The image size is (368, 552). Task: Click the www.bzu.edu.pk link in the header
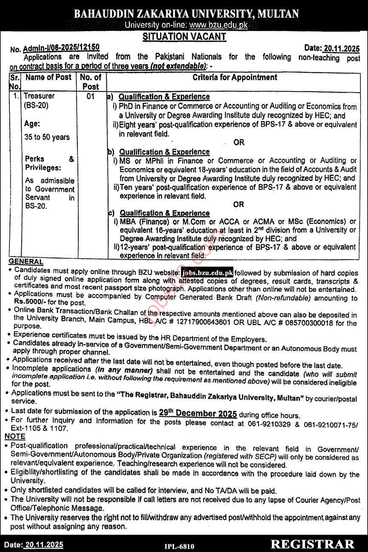[x=218, y=25]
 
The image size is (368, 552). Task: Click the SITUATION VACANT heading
[x=184, y=37]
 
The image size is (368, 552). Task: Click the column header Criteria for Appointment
[x=235, y=77]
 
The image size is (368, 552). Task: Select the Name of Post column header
[x=48, y=77]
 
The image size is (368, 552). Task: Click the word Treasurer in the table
[x=39, y=96]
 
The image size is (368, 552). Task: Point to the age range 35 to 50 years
[x=47, y=137]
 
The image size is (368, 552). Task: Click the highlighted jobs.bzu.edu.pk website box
[x=207, y=273]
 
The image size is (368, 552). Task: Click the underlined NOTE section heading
[x=15, y=437]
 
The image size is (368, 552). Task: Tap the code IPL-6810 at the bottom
[x=179, y=546]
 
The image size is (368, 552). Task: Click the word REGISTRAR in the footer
[x=312, y=544]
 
